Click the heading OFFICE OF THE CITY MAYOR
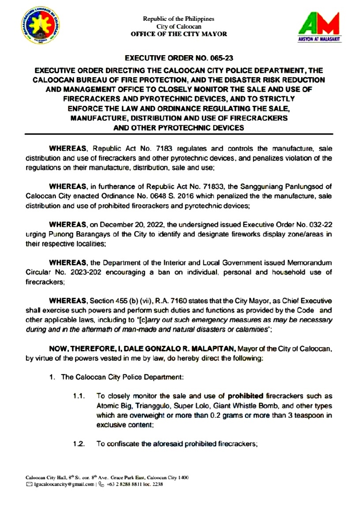pos(179,34)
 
